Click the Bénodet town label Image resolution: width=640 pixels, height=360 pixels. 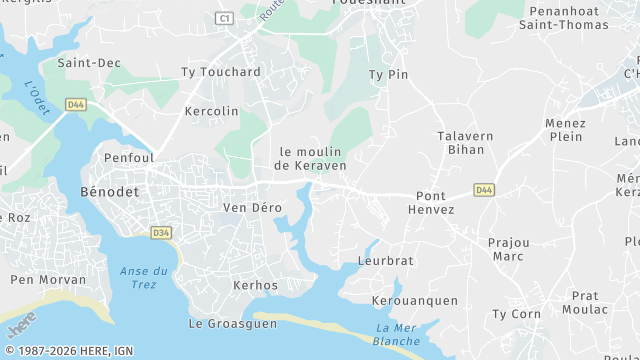110,190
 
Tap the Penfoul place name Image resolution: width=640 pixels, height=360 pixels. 128,158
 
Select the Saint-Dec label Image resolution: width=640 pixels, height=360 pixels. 89,63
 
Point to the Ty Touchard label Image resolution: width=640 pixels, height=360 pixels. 220,72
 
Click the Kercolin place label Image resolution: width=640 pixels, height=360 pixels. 212,111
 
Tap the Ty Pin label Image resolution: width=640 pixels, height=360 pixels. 389,75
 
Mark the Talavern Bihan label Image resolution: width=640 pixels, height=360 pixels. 460,142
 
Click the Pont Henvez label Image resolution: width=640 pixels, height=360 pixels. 431,202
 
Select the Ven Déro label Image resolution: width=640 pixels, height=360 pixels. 252,208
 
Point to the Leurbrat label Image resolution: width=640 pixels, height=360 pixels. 385,261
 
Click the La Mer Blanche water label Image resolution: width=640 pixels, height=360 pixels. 397,335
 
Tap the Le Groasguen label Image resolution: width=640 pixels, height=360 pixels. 232,324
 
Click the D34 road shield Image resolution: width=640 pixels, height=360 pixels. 161,233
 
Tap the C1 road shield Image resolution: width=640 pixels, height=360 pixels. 224,18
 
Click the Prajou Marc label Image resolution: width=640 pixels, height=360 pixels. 508,249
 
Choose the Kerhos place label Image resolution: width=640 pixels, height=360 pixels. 255,286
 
